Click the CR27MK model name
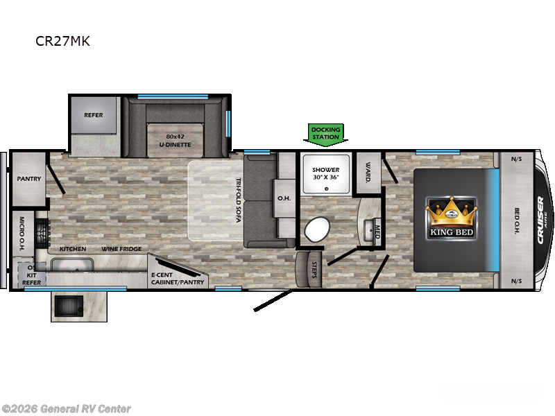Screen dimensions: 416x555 (62, 41)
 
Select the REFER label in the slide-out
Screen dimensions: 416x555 (94, 115)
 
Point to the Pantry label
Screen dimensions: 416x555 (29, 179)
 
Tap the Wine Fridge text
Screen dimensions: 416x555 (121, 249)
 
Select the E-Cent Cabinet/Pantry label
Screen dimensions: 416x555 (173, 279)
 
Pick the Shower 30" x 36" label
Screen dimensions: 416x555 (325, 174)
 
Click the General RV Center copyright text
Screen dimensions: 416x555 (67, 409)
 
